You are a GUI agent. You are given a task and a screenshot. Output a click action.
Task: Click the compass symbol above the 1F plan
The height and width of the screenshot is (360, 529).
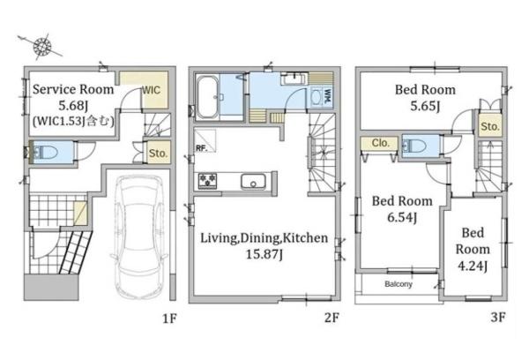[x=42, y=46]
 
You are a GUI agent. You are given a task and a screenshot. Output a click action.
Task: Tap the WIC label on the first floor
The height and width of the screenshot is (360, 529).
[x=151, y=90]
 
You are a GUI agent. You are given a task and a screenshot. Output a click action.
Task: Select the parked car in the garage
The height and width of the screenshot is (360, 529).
[x=139, y=236]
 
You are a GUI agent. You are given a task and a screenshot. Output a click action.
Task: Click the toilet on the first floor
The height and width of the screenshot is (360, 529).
[x=45, y=153]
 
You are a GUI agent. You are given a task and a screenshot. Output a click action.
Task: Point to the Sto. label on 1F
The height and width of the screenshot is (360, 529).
[x=158, y=153]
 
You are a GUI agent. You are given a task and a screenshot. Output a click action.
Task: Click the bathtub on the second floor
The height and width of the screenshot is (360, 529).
[x=207, y=97]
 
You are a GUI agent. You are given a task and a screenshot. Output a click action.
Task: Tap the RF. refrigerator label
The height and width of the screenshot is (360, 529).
[x=201, y=148]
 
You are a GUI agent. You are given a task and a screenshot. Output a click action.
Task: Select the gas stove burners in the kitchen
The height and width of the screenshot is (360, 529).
[x=207, y=180]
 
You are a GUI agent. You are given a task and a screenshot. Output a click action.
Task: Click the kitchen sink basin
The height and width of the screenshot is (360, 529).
[x=253, y=181]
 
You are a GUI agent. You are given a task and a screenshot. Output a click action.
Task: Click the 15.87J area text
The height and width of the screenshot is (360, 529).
[x=264, y=254]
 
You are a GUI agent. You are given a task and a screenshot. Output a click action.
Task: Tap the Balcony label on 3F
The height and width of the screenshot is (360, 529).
[x=399, y=284]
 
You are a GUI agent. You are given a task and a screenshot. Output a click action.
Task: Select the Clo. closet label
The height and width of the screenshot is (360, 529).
[x=381, y=143]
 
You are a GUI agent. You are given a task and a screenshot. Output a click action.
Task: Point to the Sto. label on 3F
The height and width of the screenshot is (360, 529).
[x=490, y=127]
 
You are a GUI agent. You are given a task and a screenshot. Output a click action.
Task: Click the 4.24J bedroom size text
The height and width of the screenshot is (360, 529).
[x=473, y=266]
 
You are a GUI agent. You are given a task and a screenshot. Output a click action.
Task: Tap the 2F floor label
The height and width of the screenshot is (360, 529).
[x=332, y=318]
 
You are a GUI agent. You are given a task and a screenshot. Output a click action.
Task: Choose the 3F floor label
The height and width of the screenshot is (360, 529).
[x=498, y=317]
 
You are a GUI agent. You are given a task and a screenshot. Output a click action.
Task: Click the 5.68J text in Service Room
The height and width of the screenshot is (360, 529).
[x=73, y=106]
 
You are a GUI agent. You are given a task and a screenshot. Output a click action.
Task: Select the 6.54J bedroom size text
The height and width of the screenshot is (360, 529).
[x=402, y=217]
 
